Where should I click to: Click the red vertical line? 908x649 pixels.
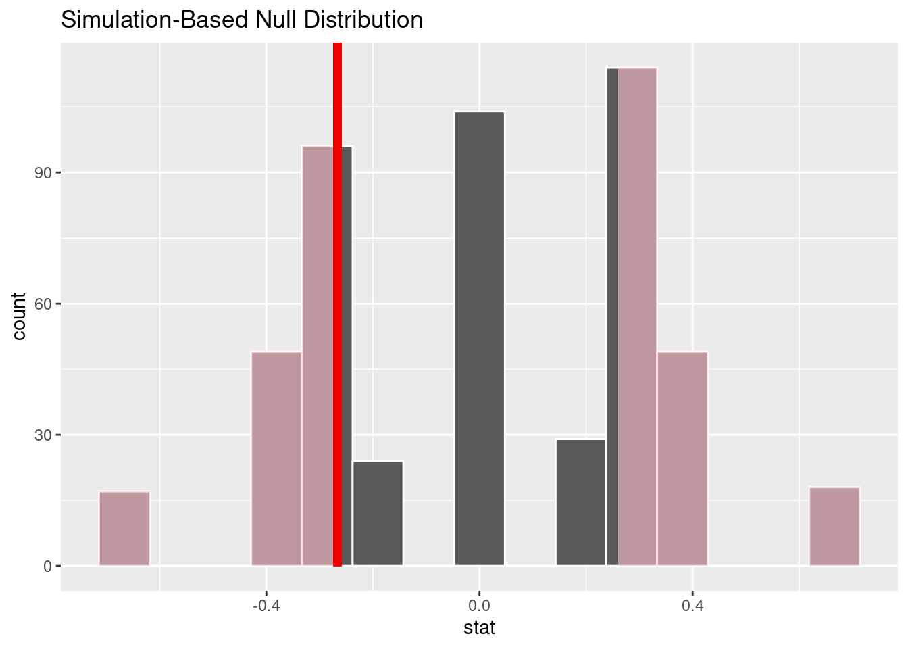pyautogui.click(x=337, y=304)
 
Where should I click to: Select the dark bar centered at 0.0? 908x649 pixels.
pyautogui.click(x=479, y=338)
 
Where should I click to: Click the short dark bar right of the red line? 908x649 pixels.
pyautogui.click(x=378, y=513)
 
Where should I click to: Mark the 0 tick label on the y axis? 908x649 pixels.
pyautogui.click(x=48, y=566)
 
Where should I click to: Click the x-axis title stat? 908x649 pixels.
pyautogui.click(x=479, y=628)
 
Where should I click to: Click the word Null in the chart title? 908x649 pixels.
pyautogui.click(x=273, y=20)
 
